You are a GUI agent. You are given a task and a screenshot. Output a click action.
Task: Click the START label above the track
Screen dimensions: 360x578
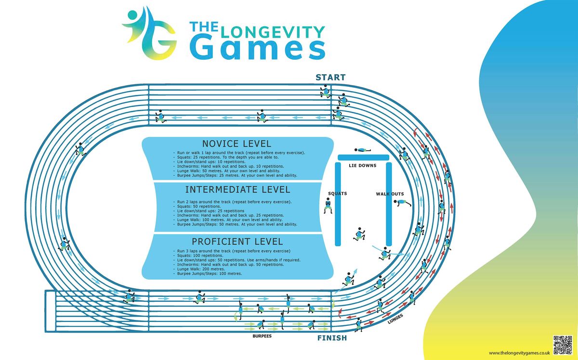tap(330, 78)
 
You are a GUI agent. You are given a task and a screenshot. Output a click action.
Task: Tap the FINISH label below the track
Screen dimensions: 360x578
tap(331, 338)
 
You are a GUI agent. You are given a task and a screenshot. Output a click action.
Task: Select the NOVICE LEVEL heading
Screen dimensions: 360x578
tap(236, 144)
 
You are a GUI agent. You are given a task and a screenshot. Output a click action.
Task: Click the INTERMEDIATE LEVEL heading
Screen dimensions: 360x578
tap(237, 189)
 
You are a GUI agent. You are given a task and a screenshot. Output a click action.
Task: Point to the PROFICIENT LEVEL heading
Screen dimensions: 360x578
tap(237, 241)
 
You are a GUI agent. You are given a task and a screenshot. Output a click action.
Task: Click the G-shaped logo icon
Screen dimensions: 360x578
tap(150, 35)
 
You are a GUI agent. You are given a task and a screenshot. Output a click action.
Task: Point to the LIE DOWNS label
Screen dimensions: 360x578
tap(363, 166)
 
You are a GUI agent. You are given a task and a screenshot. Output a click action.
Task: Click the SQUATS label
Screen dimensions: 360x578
tap(337, 194)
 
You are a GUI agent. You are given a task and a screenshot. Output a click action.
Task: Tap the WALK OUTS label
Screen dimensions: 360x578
tap(390, 194)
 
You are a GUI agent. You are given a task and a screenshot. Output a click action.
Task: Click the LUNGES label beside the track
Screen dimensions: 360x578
tap(395, 319)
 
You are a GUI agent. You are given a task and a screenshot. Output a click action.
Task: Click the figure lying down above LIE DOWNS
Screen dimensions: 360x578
tap(363, 150)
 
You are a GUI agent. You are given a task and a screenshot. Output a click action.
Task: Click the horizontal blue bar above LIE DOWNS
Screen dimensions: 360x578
tap(363, 158)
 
